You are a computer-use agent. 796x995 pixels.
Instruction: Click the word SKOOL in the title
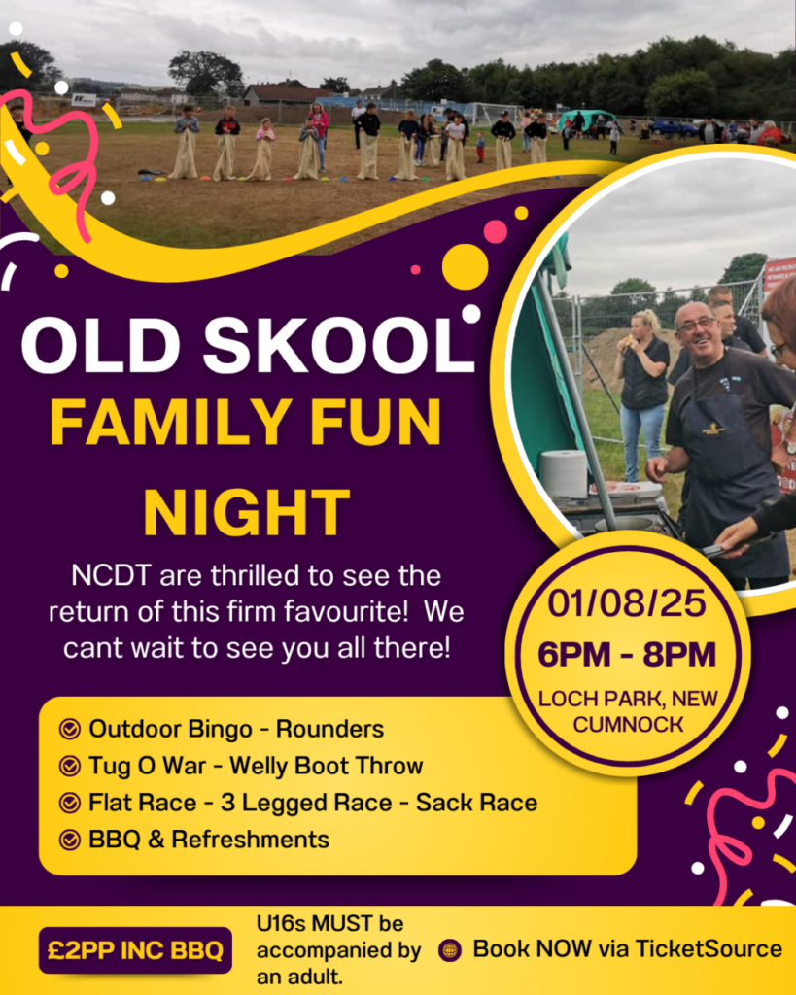click(x=338, y=346)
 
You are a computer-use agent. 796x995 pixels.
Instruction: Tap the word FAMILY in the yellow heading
click(x=170, y=422)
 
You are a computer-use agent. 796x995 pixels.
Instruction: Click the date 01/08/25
click(x=627, y=602)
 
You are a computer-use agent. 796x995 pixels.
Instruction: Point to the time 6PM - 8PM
click(x=627, y=654)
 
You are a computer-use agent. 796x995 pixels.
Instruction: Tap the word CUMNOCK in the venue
click(x=628, y=724)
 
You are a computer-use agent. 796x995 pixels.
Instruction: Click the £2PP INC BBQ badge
click(x=135, y=950)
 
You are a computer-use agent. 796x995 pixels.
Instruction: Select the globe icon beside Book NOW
click(x=450, y=950)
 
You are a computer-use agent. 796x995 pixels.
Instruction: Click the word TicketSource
click(x=709, y=948)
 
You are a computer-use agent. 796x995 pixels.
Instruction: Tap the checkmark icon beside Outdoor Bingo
click(x=69, y=729)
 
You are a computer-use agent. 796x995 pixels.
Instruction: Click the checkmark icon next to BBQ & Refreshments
click(x=69, y=840)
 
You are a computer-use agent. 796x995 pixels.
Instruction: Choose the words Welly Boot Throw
click(x=326, y=766)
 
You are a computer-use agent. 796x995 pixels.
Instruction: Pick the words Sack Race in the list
click(x=476, y=803)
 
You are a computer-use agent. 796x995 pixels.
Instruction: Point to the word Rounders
click(x=329, y=729)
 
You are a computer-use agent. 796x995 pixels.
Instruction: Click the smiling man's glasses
click(x=696, y=326)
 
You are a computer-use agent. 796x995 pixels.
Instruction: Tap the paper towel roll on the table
click(x=563, y=473)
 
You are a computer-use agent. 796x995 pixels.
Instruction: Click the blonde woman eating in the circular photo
click(x=642, y=394)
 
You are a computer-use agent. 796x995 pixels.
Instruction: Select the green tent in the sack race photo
click(x=586, y=120)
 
